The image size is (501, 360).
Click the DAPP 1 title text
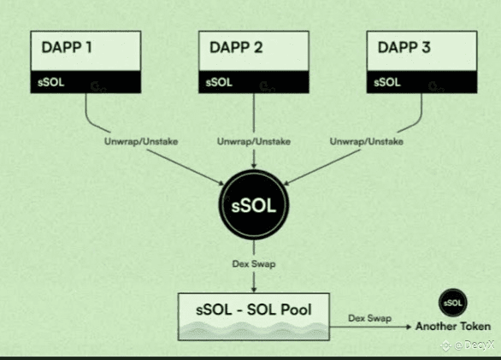click(x=67, y=47)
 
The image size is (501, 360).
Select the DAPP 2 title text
click(x=236, y=47)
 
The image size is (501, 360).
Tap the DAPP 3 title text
click(x=404, y=47)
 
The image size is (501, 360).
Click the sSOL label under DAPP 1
click(x=50, y=82)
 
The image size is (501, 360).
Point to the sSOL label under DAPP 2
click(x=219, y=82)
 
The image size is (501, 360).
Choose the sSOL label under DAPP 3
click(x=387, y=82)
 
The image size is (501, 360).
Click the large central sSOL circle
click(x=254, y=205)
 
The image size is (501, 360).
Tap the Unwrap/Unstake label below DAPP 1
click(x=141, y=141)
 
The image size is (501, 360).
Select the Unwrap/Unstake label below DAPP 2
click(x=254, y=141)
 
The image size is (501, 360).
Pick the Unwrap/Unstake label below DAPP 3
click(x=367, y=141)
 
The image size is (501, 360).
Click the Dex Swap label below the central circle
click(x=254, y=264)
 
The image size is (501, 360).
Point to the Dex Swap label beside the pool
click(x=369, y=318)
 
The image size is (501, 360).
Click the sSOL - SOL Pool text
click(x=254, y=310)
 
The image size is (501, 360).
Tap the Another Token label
click(x=453, y=326)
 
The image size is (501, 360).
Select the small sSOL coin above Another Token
click(x=453, y=303)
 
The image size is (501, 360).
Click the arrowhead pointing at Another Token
click(x=409, y=327)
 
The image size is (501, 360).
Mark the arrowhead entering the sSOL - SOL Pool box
click(x=254, y=290)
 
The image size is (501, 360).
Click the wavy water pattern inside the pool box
click(x=254, y=331)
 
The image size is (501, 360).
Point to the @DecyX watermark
click(x=468, y=345)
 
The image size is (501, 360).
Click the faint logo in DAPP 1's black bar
click(x=97, y=87)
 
